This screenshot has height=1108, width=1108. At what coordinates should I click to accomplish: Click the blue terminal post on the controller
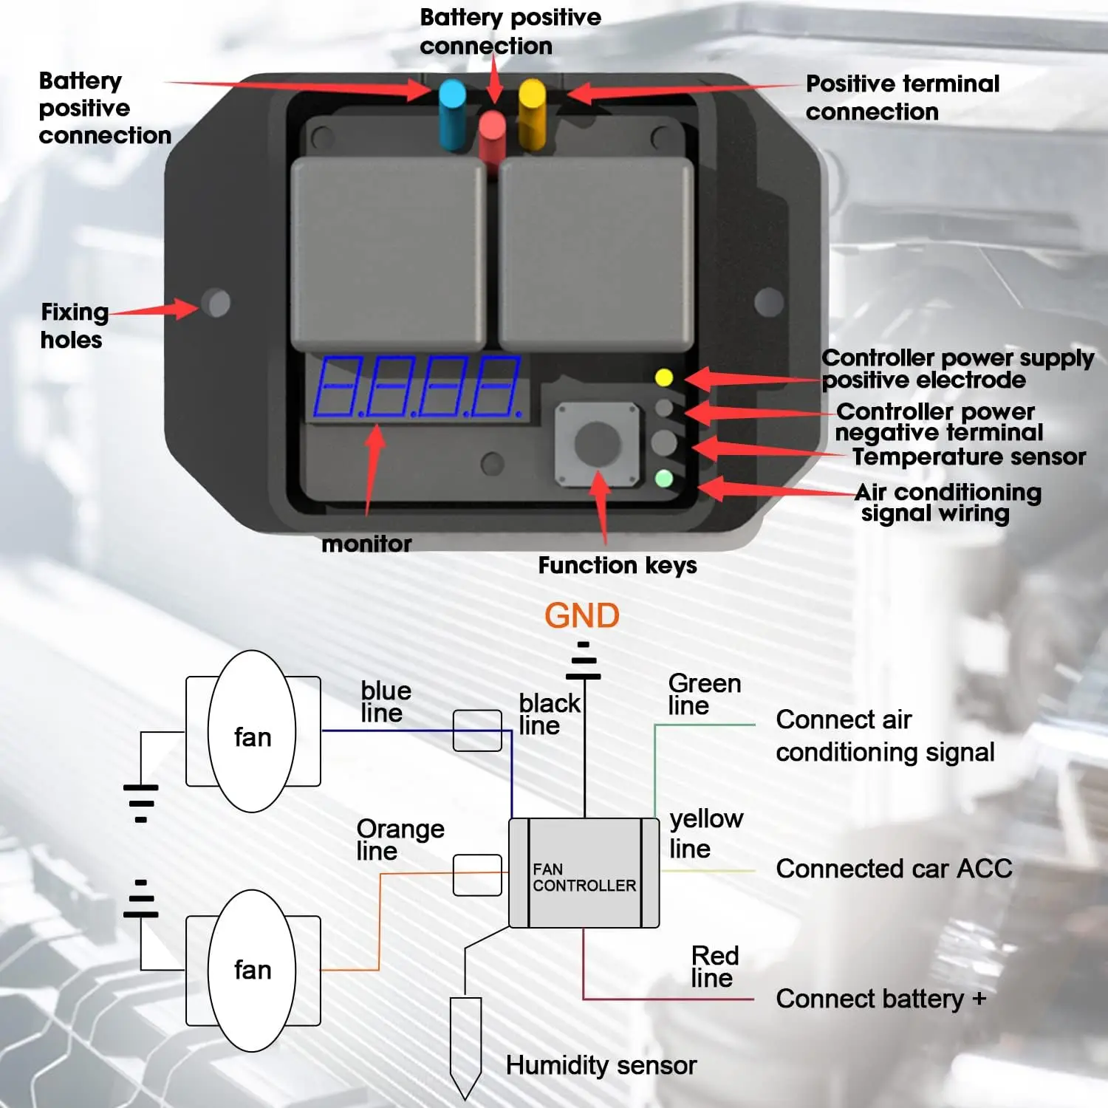(452, 114)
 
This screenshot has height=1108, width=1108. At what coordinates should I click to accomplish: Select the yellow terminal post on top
(532, 114)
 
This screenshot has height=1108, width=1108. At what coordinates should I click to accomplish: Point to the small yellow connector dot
(664, 378)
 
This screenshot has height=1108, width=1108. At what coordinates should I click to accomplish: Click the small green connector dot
(664, 479)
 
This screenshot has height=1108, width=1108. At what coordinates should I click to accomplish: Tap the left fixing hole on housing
(216, 303)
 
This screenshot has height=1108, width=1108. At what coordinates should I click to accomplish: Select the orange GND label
(582, 615)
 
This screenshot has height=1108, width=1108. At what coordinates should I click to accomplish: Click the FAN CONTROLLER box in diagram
(584, 873)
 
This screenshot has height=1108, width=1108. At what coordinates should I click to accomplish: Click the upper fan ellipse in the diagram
(252, 731)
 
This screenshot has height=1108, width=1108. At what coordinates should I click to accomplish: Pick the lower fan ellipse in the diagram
(252, 970)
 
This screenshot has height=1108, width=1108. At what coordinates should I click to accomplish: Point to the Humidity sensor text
(601, 1065)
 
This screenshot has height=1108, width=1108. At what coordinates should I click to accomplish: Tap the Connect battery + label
(880, 999)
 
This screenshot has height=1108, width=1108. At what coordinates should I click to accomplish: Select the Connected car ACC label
(894, 869)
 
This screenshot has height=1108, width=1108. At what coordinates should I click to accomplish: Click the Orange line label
(400, 840)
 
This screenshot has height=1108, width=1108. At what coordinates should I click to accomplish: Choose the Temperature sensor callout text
(968, 456)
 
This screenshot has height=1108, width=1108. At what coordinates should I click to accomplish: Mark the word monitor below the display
(366, 544)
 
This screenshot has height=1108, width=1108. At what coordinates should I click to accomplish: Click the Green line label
(703, 694)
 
